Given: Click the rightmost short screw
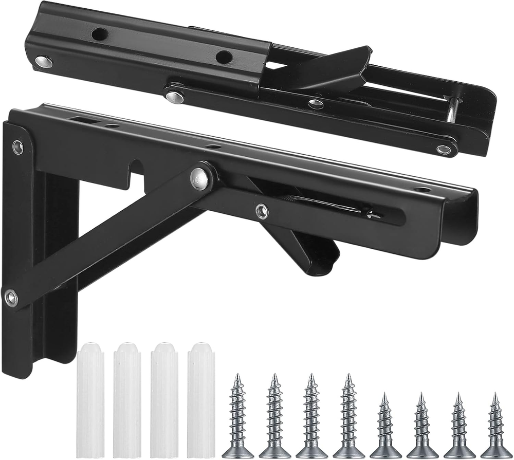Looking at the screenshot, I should click(x=496, y=427).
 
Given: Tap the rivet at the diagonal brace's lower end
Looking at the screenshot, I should click(x=11, y=297).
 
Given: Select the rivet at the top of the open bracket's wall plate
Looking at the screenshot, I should click(x=18, y=147).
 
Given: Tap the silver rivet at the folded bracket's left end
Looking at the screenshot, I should click(x=44, y=62).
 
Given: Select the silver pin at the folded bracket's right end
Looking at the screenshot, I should click(x=451, y=110).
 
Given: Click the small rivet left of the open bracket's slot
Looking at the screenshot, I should click(x=262, y=210).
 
